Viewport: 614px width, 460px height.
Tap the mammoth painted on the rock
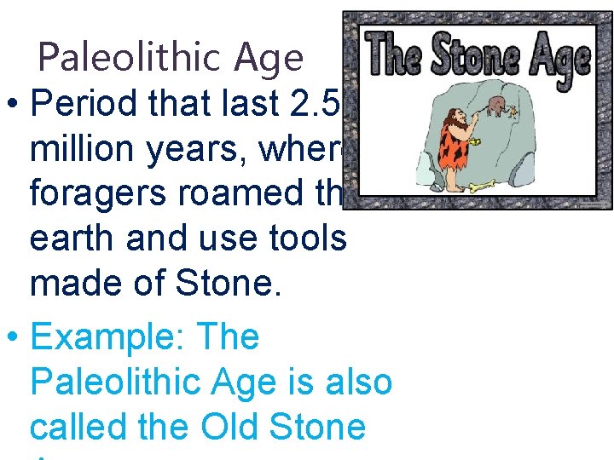497,106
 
